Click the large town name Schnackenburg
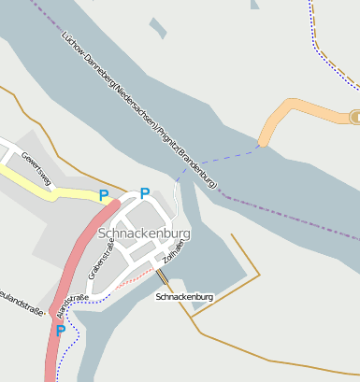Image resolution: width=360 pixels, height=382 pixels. tap(144, 233)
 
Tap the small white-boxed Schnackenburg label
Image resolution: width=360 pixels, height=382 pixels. tap(185, 297)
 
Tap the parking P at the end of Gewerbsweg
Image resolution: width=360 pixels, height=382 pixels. tap(104, 195)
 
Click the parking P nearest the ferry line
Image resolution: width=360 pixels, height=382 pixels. tap(145, 193)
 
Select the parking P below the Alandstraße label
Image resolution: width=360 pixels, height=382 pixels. tap(61, 330)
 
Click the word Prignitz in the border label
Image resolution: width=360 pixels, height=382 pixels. tap(168, 132)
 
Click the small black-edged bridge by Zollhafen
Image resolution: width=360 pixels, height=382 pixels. tap(165, 276)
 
